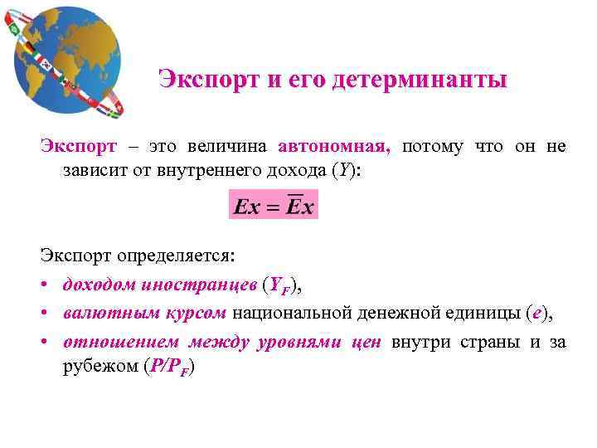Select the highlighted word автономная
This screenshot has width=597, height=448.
tap(334, 147)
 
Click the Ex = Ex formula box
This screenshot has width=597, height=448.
tap(274, 206)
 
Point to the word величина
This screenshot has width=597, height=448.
tap(231, 147)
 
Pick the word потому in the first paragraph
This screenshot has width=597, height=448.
tap(432, 147)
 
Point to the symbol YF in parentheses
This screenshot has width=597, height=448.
tap(283, 286)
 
